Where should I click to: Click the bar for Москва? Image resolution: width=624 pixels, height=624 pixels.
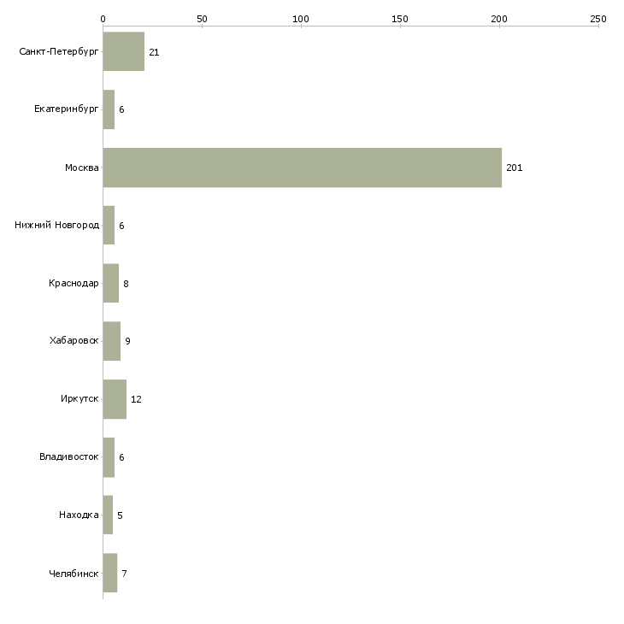[x=302, y=168]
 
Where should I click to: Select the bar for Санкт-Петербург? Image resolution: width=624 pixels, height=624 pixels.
[x=123, y=52]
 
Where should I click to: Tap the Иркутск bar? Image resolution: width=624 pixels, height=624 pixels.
[x=115, y=399]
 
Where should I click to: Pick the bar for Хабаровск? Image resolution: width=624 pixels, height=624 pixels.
[x=111, y=341]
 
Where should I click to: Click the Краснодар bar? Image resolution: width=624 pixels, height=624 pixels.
[x=110, y=284]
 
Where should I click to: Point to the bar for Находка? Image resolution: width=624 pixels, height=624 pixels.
[x=108, y=515]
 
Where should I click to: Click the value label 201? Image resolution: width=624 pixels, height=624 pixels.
[x=514, y=168]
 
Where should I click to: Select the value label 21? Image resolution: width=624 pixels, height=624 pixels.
[x=154, y=52]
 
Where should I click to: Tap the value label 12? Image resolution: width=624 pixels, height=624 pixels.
[x=136, y=399]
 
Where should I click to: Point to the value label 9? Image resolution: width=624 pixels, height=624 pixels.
[x=127, y=341]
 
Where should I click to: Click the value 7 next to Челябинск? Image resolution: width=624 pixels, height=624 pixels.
[x=124, y=574]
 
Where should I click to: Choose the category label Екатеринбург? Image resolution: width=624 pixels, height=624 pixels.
[x=67, y=110]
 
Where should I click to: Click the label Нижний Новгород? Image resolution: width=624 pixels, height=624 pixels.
[x=57, y=226]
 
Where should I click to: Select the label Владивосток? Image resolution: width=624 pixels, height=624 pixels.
[x=69, y=457]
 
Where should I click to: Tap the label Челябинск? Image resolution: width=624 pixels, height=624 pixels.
[x=74, y=574]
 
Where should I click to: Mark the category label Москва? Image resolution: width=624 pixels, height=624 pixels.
[x=82, y=168]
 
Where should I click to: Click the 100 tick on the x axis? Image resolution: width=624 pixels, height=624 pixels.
[x=301, y=18]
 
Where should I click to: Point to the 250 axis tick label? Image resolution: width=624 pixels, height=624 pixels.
[x=598, y=18]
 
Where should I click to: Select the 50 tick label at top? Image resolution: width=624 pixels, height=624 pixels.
[x=202, y=18]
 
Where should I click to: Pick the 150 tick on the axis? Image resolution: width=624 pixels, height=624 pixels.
[x=400, y=18]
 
